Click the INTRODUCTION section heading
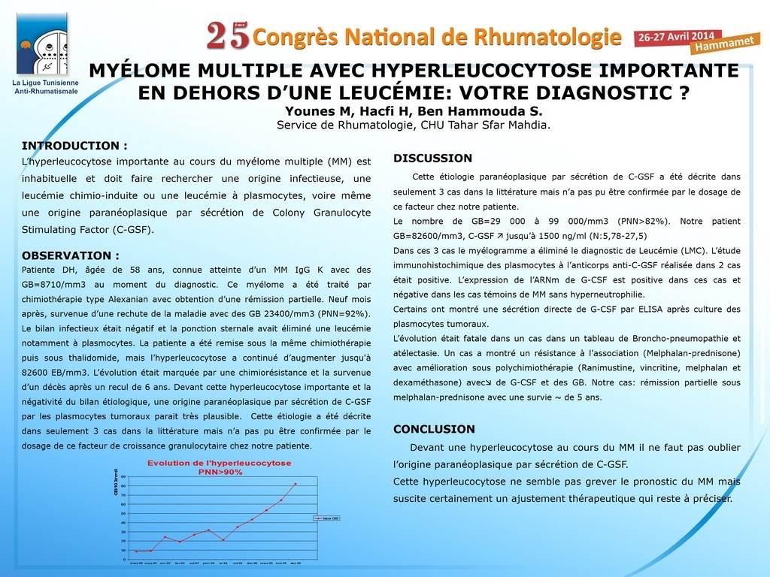pos(74,146)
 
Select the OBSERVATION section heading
pos(70,255)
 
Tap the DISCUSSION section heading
pos(432,159)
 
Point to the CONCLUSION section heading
pos(434,429)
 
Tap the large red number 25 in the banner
pos(227,35)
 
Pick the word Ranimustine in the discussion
pos(550,368)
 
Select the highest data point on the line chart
pos(295,484)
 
